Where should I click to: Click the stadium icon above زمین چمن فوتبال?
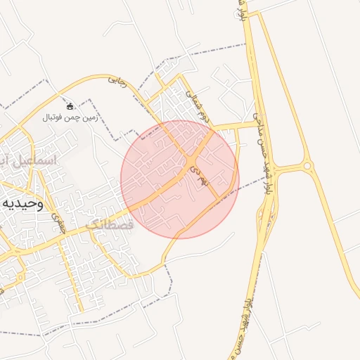click(70, 106)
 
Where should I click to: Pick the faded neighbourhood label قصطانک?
click(109, 224)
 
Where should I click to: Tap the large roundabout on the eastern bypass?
click(307, 166)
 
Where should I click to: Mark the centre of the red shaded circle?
click(180, 180)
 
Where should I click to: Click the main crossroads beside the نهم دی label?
click(191, 167)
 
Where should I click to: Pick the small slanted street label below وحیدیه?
click(60, 224)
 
